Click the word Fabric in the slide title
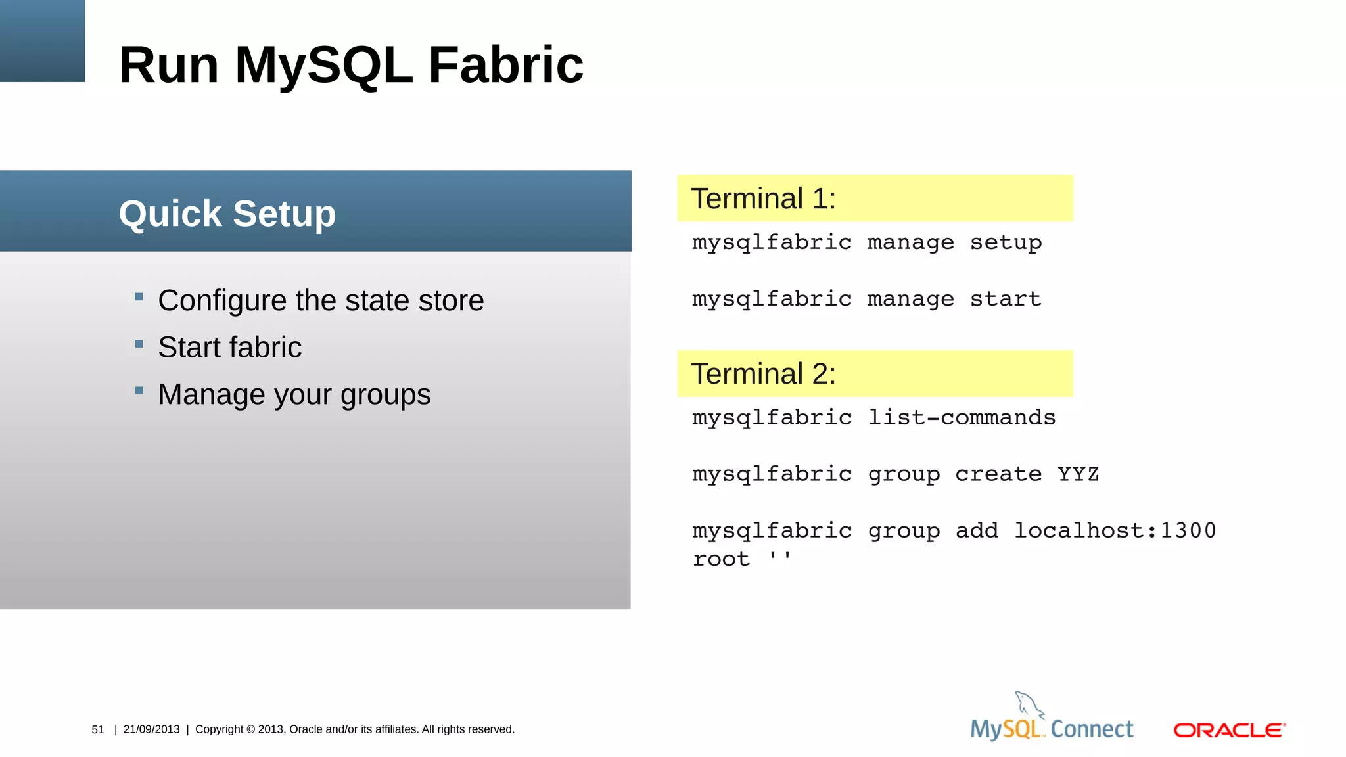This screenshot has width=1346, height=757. pyautogui.click(x=505, y=65)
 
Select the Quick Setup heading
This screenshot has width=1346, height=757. pyautogui.click(x=227, y=214)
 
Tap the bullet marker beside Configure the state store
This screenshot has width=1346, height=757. pyautogui.click(x=139, y=297)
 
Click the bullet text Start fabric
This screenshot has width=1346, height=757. pyautogui.click(x=229, y=347)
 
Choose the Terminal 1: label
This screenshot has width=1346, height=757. pyautogui.click(x=763, y=198)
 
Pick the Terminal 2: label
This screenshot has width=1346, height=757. pyautogui.click(x=763, y=374)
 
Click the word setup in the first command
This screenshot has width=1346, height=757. pyautogui.click(x=1006, y=242)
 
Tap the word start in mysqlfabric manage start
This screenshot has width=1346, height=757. pyautogui.click(x=1006, y=299)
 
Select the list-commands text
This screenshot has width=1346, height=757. pyautogui.click(x=962, y=417)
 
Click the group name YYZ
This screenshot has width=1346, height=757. pyautogui.click(x=1078, y=474)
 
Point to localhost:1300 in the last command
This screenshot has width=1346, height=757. pyautogui.click(x=1115, y=530)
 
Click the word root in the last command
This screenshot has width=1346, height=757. pyautogui.click(x=721, y=559)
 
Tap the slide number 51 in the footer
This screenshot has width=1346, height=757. pyautogui.click(x=98, y=729)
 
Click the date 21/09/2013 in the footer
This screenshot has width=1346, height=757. pyautogui.click(x=151, y=729)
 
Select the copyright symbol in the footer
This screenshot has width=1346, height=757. pyautogui.click(x=250, y=729)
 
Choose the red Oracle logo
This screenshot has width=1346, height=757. pyautogui.click(x=1229, y=730)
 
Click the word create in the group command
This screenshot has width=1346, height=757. pyautogui.click(x=998, y=474)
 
